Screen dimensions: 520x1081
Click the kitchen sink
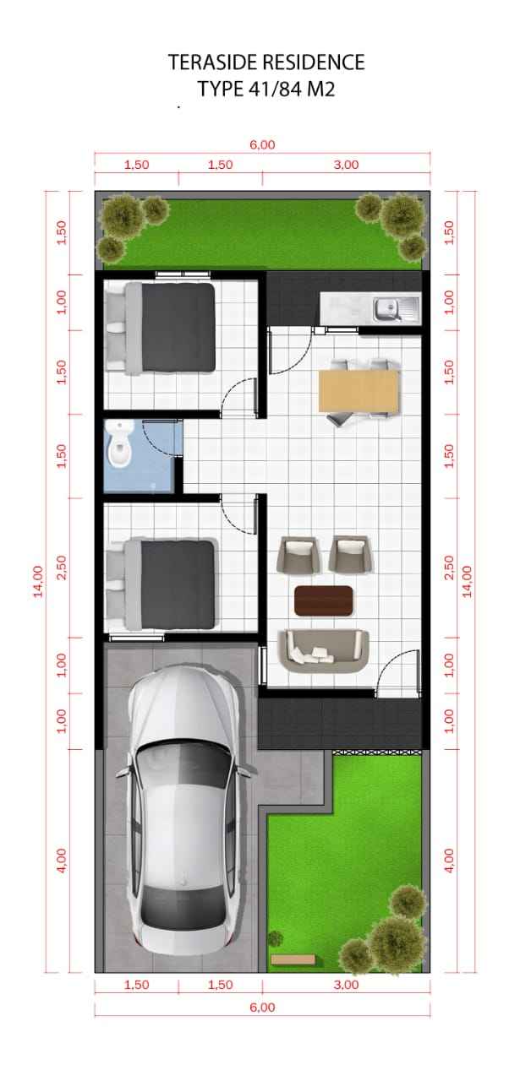(397, 309)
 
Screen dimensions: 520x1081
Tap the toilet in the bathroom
(120, 444)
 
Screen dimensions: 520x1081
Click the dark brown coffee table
(324, 600)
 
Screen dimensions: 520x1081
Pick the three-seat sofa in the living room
(323, 651)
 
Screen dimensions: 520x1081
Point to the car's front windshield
(183, 763)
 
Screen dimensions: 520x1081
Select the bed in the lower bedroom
(161, 584)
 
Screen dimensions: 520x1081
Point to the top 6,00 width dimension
(262, 144)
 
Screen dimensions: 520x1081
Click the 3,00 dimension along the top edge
(346, 165)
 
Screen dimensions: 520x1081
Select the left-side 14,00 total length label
(38, 581)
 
